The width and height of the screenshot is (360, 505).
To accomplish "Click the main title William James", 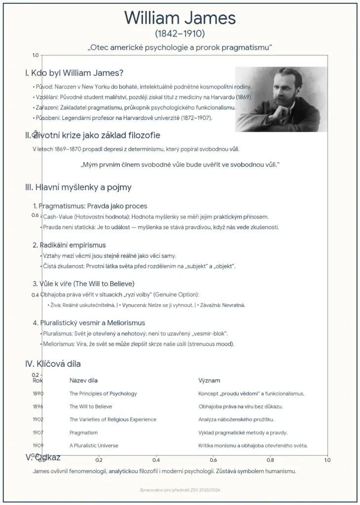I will [x=180, y=18].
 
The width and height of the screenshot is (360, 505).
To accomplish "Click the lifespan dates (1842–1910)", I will [x=180, y=34].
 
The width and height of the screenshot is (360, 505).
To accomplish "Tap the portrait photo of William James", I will [x=281, y=99].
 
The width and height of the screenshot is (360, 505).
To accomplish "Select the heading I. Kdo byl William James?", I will [x=74, y=73].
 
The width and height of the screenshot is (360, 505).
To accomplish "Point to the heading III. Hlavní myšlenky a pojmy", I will [x=78, y=187].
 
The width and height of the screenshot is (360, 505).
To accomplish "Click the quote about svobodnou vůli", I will [x=180, y=164].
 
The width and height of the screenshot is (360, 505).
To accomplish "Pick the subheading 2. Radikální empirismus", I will [x=69, y=245].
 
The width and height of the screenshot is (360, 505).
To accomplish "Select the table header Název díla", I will [x=83, y=380].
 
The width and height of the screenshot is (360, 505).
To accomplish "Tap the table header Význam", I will [x=209, y=380].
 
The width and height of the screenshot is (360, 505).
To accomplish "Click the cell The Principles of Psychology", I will [x=103, y=394].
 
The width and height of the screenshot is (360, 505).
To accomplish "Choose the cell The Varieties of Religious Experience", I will [x=112, y=419].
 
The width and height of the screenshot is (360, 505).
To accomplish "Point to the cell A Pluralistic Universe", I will [x=94, y=445].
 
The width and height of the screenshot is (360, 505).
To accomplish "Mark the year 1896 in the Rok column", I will [x=38, y=406].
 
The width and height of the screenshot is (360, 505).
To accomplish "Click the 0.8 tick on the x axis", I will [x=270, y=460].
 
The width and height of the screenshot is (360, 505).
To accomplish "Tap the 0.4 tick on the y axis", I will [x=36, y=295].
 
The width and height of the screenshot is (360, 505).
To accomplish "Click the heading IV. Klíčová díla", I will [x=53, y=364].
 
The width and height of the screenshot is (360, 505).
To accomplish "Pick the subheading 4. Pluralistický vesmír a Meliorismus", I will [x=89, y=323].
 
